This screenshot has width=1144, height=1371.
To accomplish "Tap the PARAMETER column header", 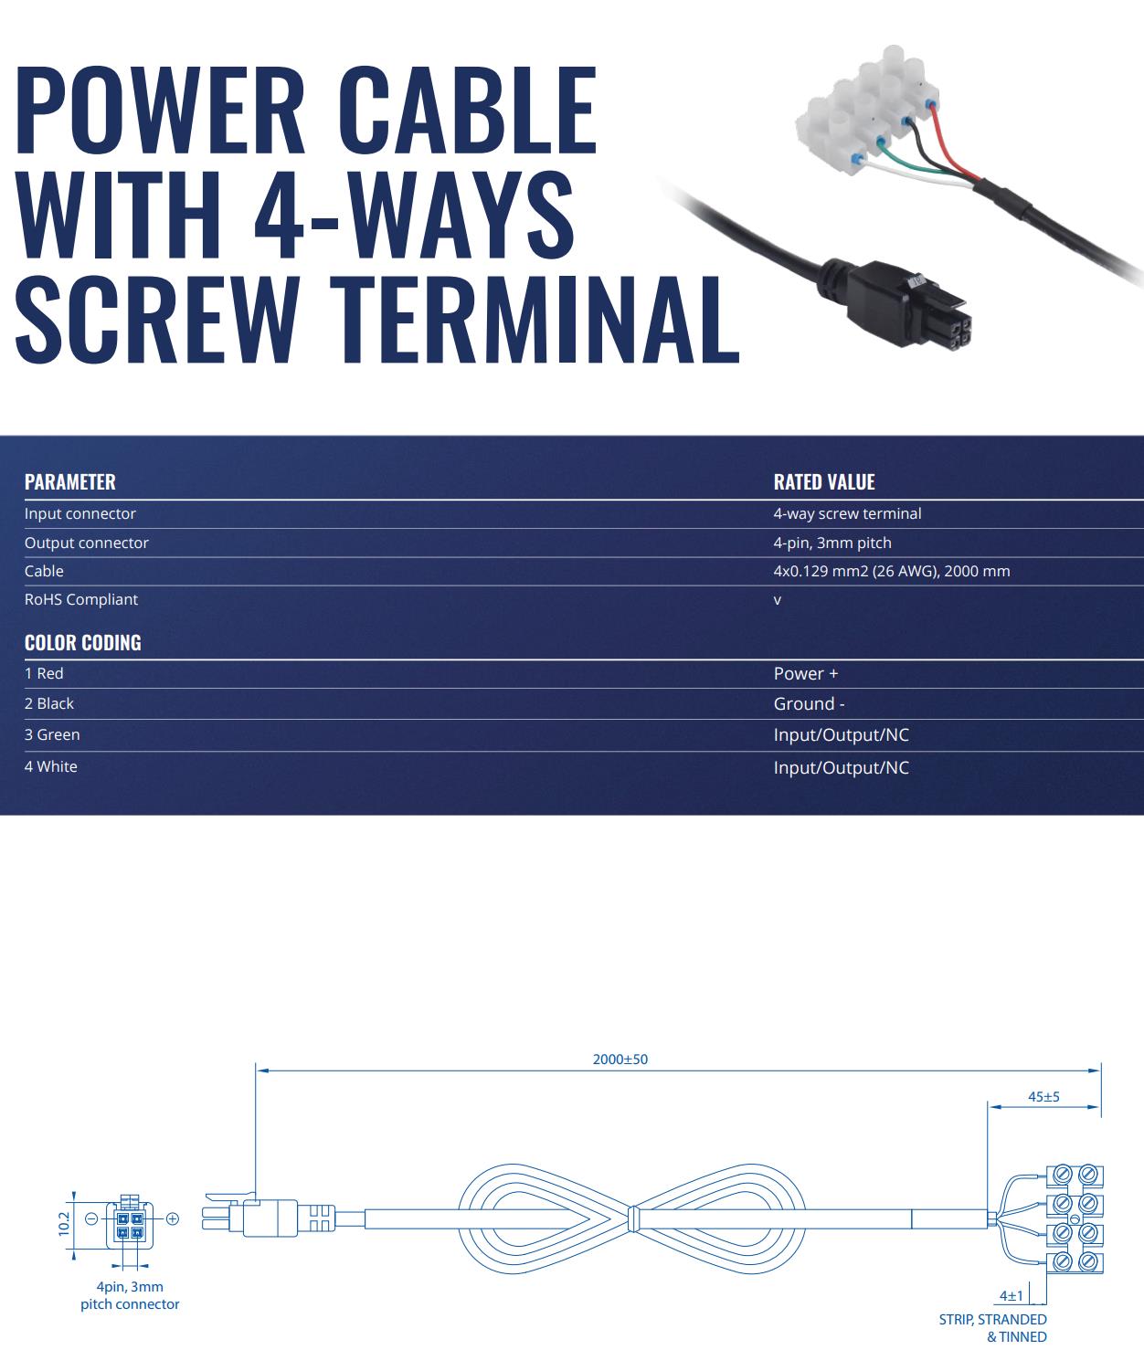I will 70,482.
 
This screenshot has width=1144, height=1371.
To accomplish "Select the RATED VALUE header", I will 824,482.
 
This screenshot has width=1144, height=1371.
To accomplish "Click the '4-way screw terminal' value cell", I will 847,513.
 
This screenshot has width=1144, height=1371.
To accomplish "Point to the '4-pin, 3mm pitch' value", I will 832,543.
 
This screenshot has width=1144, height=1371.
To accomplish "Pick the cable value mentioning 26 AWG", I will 892,571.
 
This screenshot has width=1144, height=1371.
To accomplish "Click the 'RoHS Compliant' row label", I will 81,599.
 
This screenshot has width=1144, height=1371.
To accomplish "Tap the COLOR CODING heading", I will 83,643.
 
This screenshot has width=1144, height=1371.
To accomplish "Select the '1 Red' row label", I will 44,673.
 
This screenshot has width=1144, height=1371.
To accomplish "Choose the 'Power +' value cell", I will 806,674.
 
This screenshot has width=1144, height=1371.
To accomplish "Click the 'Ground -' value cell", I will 809,704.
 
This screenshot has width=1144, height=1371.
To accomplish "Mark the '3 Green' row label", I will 52,734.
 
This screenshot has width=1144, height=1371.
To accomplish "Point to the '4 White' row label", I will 51,766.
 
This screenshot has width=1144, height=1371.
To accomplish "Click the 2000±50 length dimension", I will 620,1060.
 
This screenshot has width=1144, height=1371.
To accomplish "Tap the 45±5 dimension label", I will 1043,1097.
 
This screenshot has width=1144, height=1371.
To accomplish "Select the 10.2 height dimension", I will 64,1223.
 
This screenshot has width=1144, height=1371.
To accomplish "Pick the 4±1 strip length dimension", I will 1011,1295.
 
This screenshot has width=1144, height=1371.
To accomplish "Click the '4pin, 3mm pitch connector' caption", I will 130,1295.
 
